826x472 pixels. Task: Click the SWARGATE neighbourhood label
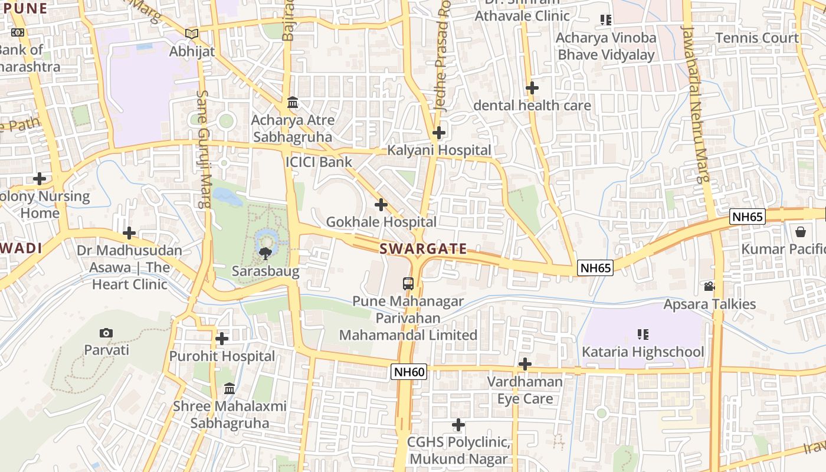click(423, 249)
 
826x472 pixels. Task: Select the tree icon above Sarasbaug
click(265, 254)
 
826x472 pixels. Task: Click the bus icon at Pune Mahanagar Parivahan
click(408, 283)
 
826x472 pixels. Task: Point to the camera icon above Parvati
click(106, 333)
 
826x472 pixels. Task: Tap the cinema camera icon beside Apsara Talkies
click(709, 287)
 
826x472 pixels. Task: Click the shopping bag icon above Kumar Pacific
click(801, 231)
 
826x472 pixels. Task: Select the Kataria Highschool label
click(643, 352)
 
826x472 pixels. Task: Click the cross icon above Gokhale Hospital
click(381, 205)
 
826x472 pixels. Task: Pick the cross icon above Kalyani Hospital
click(438, 133)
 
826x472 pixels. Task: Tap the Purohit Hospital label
click(222, 356)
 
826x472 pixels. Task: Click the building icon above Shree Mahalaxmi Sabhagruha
click(230, 388)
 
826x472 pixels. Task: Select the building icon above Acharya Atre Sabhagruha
click(293, 103)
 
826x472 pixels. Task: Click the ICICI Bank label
click(319, 162)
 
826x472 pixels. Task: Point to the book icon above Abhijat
click(191, 34)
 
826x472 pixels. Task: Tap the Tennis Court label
click(757, 38)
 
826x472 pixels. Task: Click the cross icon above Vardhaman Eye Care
click(525, 364)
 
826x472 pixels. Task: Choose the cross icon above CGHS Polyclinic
click(458, 425)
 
